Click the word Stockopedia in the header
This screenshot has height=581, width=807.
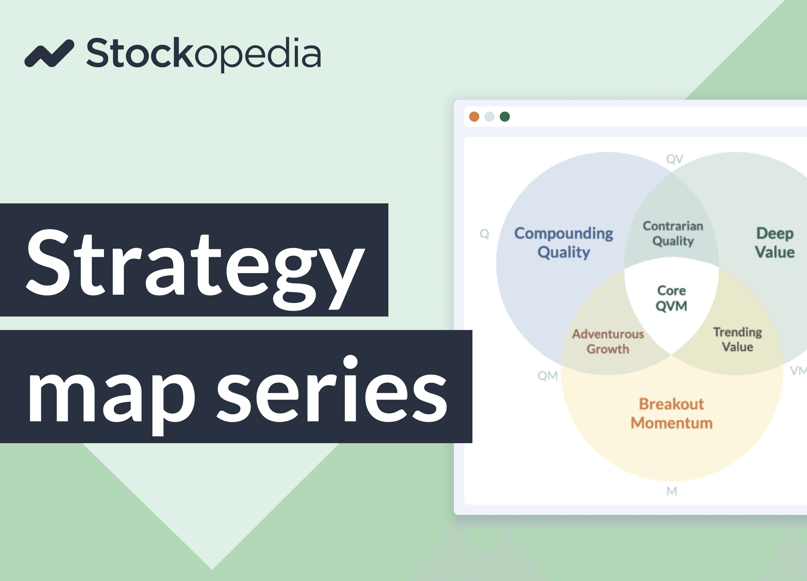(204, 54)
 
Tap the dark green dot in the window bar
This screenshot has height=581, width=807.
(505, 117)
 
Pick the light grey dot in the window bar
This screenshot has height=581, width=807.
(489, 117)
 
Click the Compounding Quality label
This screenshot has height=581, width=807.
(563, 243)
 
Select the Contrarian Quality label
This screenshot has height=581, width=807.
(673, 233)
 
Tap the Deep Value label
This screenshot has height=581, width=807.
(774, 243)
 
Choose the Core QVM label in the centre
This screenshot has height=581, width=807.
(671, 298)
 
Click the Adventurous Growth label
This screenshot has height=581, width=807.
(608, 341)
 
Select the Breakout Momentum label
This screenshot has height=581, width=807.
(671, 413)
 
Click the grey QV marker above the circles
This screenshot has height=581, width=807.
(675, 159)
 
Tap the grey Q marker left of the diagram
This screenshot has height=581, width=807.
(484, 234)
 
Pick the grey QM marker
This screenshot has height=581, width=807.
(548, 376)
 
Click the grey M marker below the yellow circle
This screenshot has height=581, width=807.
(672, 491)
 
